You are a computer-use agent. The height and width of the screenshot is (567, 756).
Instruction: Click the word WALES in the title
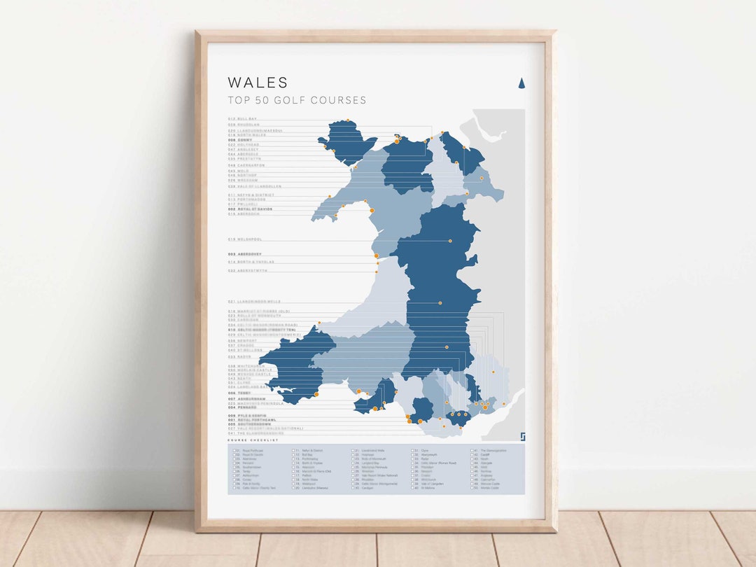[x=258, y=83]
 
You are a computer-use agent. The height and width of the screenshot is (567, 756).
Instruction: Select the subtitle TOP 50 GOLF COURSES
[x=297, y=100]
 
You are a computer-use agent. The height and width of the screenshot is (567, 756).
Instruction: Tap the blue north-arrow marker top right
[x=521, y=84]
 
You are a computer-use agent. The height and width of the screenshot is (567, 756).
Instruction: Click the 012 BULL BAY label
[x=243, y=119]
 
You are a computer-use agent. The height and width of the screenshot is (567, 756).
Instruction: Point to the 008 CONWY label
[x=239, y=140]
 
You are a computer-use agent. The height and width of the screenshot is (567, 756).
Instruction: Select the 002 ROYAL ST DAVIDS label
[x=250, y=209]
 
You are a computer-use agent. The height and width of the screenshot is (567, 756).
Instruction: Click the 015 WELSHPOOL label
[x=244, y=239]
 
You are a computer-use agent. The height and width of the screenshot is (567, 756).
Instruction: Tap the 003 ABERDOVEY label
[x=245, y=253]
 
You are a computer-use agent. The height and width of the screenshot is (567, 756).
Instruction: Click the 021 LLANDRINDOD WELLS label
[x=254, y=302]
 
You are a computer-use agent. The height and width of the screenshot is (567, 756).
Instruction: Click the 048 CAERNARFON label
[x=246, y=165]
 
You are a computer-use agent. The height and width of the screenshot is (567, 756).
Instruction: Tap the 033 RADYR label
[x=239, y=356]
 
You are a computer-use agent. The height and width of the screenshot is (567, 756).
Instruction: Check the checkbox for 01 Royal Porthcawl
[x=236, y=451]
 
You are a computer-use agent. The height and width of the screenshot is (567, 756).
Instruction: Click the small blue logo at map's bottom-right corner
[x=521, y=437]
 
